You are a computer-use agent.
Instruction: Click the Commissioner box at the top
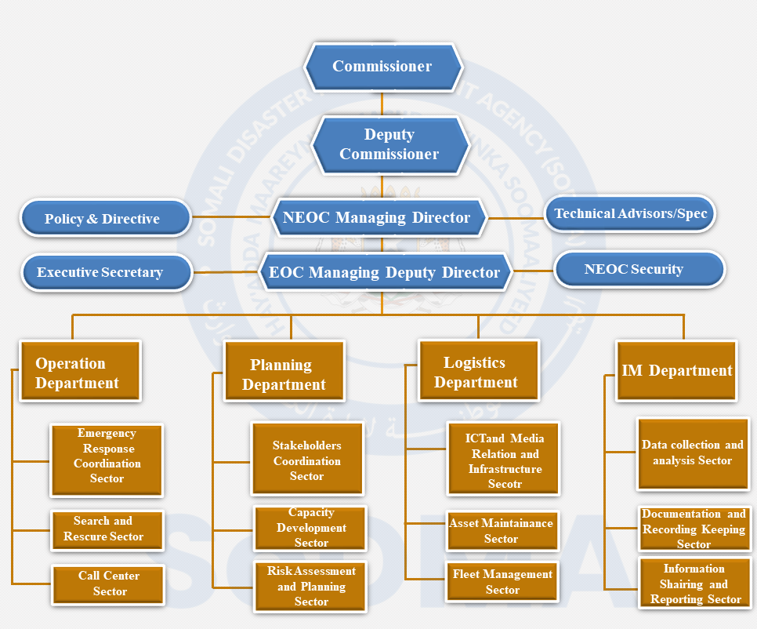(382, 67)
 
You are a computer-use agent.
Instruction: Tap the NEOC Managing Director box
(379, 217)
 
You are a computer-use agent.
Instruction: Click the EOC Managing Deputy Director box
(384, 273)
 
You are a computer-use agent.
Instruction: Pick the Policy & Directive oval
(105, 219)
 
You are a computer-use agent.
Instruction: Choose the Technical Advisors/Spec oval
(630, 213)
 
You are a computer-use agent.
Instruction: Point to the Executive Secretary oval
(105, 273)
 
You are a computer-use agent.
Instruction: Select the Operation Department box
(79, 373)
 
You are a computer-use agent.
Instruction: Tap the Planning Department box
(284, 374)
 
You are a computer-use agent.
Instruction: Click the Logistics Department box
(478, 372)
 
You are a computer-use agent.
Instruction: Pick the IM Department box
(676, 371)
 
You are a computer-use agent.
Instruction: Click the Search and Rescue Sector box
(107, 529)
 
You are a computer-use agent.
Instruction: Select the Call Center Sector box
(108, 584)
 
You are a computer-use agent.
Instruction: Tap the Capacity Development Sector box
(310, 528)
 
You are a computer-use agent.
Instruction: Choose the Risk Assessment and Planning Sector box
(310, 586)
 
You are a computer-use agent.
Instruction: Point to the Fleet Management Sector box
(502, 582)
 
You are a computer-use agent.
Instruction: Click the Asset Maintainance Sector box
(502, 531)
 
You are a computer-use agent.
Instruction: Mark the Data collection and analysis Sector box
(692, 453)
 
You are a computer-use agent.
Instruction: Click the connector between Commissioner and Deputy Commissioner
(382, 104)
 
